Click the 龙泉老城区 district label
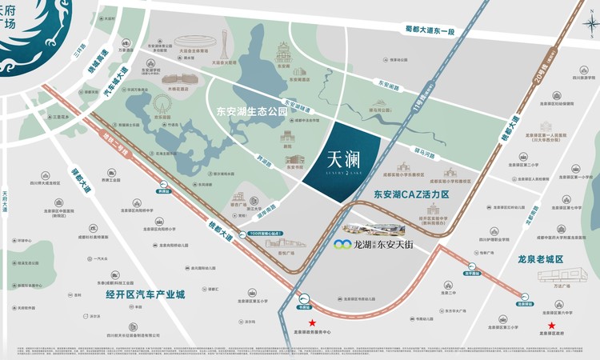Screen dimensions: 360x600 (x=553, y=258)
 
